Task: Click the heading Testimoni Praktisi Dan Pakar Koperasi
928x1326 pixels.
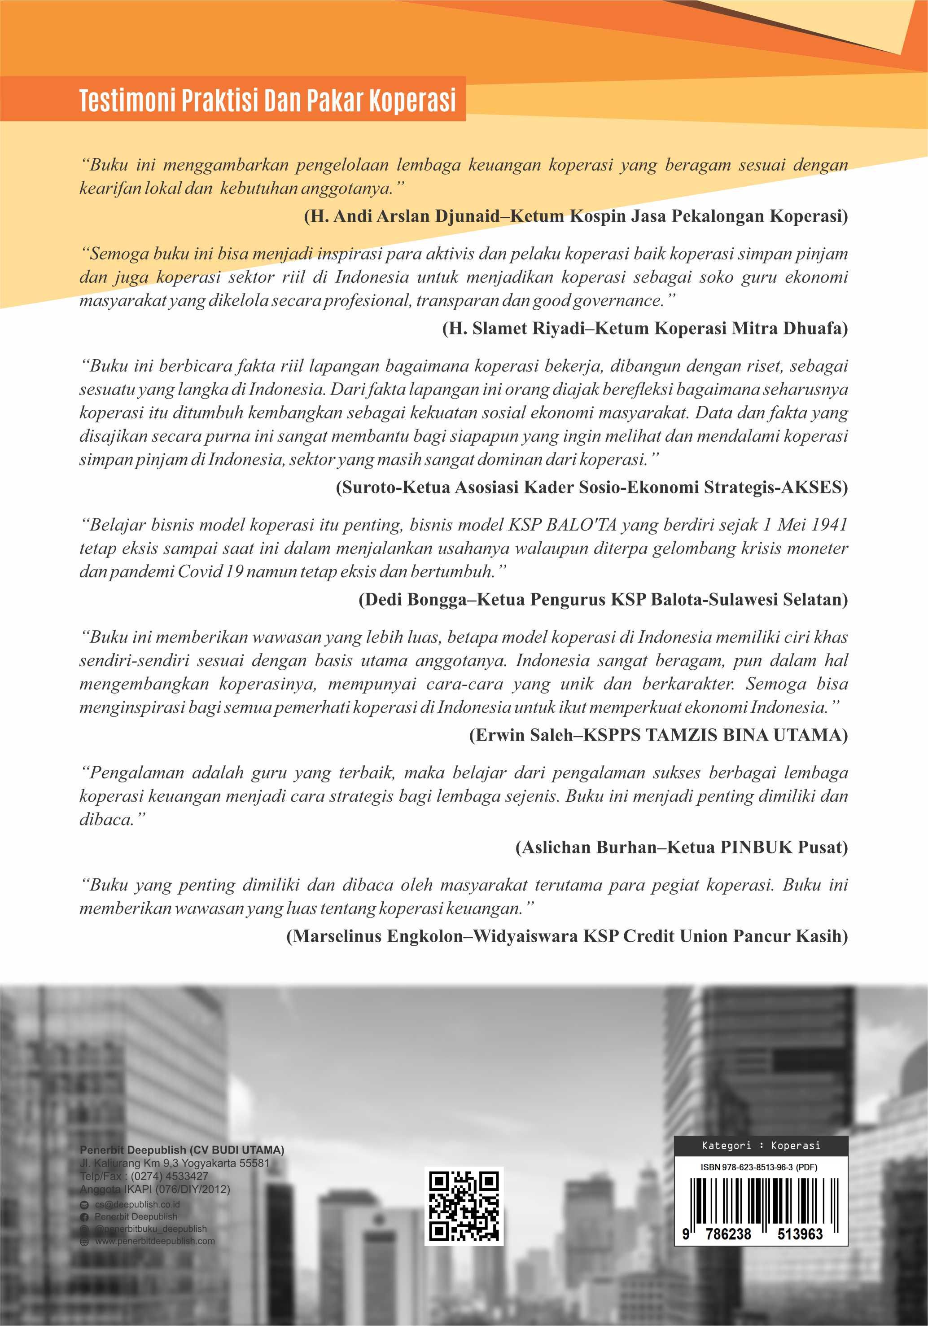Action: [x=267, y=101]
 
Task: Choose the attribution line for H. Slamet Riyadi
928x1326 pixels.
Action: [x=644, y=329]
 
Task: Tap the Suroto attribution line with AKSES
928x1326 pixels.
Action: [x=591, y=487]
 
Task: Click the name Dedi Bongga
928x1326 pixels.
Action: [x=407, y=599]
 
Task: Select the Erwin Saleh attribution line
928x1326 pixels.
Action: [x=658, y=735]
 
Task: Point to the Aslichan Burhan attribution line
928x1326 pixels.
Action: [x=682, y=847]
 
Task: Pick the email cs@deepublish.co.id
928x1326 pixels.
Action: [x=137, y=1204]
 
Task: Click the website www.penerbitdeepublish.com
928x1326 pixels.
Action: [x=154, y=1241]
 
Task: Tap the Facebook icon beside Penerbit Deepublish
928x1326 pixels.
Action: [x=84, y=1217]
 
